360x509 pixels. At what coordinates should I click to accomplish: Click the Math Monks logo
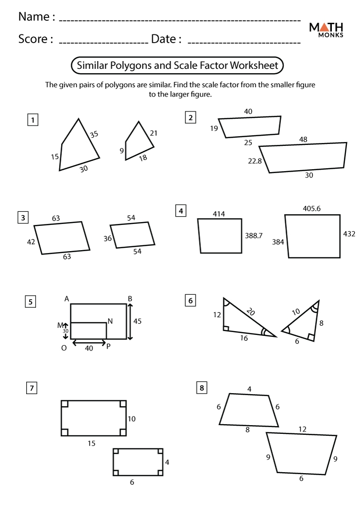[x=327, y=30]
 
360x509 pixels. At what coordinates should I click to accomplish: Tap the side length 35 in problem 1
[x=94, y=133]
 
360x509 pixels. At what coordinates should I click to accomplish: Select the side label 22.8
[x=255, y=161]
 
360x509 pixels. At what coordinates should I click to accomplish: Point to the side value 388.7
[x=254, y=236]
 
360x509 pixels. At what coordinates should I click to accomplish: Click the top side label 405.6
[x=311, y=209]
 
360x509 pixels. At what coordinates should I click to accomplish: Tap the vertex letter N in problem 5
[x=110, y=320]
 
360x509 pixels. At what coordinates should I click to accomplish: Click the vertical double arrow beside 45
[x=130, y=321]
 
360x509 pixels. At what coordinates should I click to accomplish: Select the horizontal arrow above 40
[x=89, y=343]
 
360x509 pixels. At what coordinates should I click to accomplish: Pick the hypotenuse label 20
[x=251, y=312]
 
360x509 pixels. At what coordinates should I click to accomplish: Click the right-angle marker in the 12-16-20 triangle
[x=226, y=328]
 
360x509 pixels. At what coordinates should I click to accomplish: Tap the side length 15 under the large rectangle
[x=91, y=443]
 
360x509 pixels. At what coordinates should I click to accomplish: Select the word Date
[x=164, y=39]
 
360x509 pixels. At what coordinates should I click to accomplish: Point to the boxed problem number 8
[x=201, y=387]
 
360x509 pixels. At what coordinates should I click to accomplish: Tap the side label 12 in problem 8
[x=302, y=429]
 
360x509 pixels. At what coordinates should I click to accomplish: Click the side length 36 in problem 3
[x=108, y=239]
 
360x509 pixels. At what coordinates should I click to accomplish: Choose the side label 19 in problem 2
[x=214, y=128]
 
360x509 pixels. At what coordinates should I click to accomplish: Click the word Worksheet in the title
[x=254, y=65]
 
